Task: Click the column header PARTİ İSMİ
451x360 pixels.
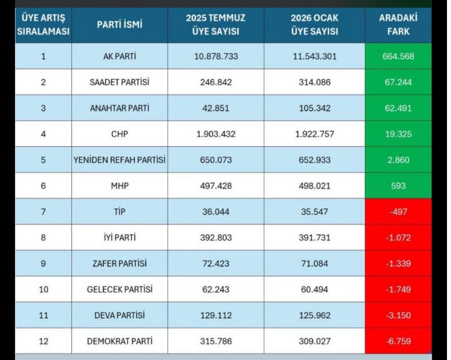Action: pos(120,25)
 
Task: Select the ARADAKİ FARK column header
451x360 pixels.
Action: pos(398,25)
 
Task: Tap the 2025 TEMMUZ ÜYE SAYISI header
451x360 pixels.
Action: pos(216,25)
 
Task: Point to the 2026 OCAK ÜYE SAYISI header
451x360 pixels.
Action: pos(314,25)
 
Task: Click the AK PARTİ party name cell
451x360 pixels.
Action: pos(120,56)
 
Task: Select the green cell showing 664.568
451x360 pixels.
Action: pos(398,56)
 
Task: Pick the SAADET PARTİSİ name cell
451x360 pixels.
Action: pos(120,82)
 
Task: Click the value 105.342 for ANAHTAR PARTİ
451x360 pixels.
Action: pos(314,108)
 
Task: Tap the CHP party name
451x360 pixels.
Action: pos(120,134)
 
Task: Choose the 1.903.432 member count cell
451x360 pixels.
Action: pos(216,134)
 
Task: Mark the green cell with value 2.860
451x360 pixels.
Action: pos(398,160)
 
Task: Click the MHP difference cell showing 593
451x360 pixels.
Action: pos(398,186)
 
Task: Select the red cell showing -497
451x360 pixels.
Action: pos(398,212)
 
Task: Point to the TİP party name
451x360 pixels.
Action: pos(120,212)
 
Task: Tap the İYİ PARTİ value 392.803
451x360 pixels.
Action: pos(216,238)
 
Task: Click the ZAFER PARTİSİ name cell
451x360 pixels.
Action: pos(120,263)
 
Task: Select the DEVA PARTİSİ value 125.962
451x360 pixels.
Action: pos(314,315)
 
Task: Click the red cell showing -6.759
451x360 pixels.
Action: pos(398,341)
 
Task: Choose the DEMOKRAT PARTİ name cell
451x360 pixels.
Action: pos(120,341)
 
